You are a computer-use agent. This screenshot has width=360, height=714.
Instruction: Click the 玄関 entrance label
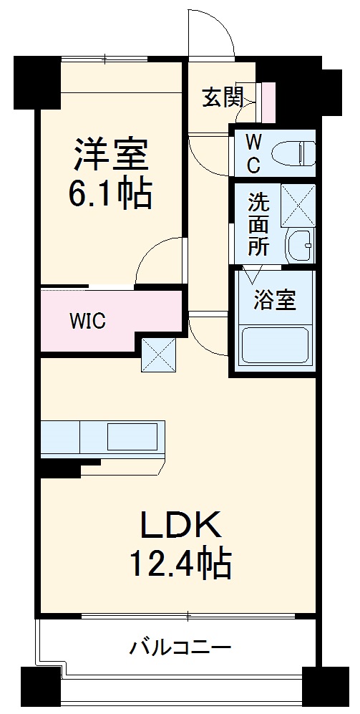[x=223, y=97]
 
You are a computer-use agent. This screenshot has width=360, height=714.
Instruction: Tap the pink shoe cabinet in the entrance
[x=268, y=102]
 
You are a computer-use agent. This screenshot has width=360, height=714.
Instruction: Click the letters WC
[x=253, y=153]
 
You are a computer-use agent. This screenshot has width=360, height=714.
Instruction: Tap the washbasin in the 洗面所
[x=299, y=246]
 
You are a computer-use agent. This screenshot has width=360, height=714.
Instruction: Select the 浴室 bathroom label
[x=274, y=301]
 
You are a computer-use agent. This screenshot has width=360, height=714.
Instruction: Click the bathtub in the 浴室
[x=275, y=344]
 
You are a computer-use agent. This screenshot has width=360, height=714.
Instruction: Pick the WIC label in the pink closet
[x=87, y=320]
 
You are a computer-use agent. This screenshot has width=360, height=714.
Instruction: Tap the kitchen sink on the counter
[x=132, y=435]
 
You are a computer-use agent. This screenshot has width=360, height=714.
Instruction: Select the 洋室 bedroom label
[x=110, y=154]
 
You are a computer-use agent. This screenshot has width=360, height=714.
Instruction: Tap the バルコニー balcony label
[x=180, y=649]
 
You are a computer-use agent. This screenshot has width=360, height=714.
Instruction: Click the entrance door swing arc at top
[x=210, y=32]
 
